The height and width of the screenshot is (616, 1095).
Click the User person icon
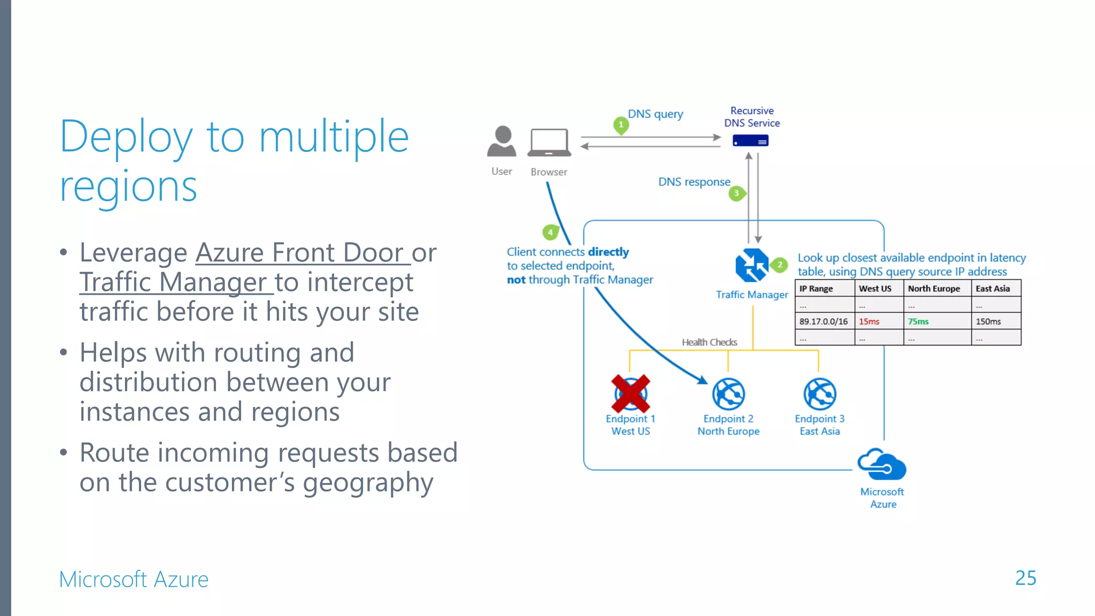(502, 141)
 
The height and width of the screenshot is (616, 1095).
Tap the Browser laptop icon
(549, 143)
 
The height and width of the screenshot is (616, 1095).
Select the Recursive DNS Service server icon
(750, 141)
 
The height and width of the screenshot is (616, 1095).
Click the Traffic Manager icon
(751, 265)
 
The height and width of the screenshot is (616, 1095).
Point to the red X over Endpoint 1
(630, 394)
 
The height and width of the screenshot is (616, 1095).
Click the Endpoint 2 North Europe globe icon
(728, 394)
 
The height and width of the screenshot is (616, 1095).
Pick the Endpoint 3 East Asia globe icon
(820, 394)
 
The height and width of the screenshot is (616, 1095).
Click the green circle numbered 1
(621, 125)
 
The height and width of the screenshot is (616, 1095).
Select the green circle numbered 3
(736, 193)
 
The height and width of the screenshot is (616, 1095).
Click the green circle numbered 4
(550, 233)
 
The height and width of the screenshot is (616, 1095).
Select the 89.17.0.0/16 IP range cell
(823, 321)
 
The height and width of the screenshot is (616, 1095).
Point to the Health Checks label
(709, 342)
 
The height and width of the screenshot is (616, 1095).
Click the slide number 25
(1025, 578)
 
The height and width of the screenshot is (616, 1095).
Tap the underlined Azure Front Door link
(299, 252)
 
